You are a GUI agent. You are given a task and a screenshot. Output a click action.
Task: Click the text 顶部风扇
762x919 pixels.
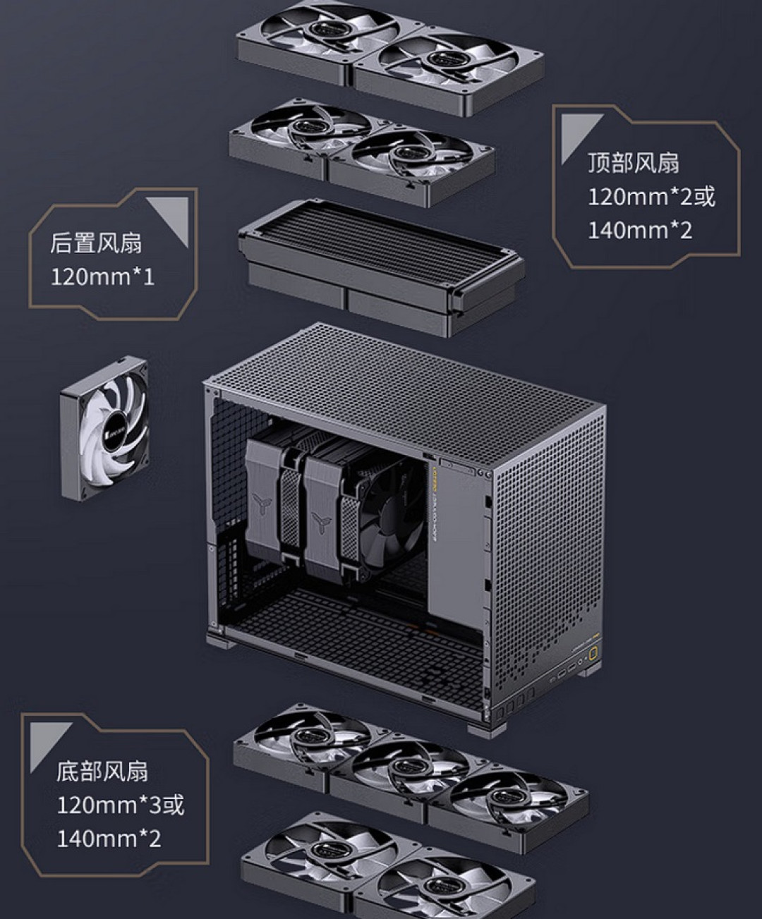[x=633, y=163]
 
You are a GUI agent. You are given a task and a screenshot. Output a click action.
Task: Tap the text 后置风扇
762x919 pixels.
[x=95, y=243]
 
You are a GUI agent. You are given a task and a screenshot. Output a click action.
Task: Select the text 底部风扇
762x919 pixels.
[x=102, y=770]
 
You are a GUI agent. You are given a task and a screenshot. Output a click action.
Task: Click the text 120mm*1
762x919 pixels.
[x=102, y=276]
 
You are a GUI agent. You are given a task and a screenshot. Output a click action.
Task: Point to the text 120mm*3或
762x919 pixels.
[x=120, y=804]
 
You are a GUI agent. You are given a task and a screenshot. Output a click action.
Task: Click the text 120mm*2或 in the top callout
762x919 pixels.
[x=651, y=196]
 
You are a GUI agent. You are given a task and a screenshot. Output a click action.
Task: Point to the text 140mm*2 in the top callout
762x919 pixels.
[x=640, y=230]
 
